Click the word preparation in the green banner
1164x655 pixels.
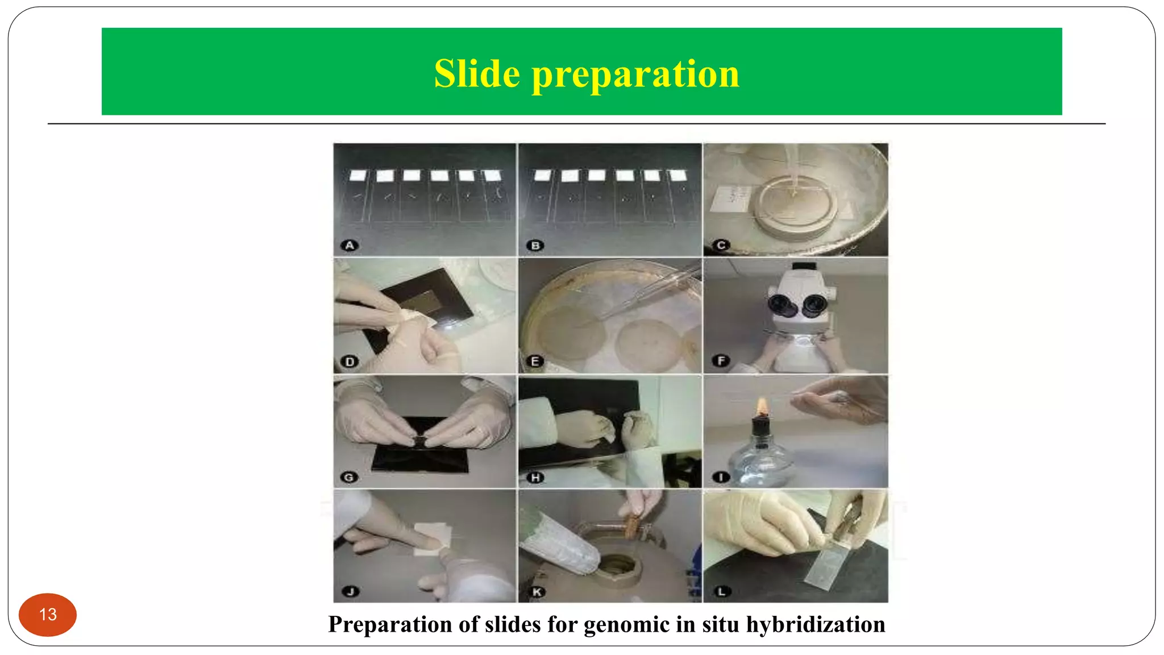[x=635, y=74]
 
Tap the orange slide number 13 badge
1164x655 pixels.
[x=48, y=615]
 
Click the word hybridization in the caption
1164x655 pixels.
[x=816, y=624]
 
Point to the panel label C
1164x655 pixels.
[x=721, y=246]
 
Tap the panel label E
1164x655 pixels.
[x=535, y=362]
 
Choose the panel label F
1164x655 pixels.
[x=721, y=361]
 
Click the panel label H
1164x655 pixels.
[x=535, y=478]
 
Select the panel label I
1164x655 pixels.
[x=721, y=477]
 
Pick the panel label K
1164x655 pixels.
[x=536, y=592]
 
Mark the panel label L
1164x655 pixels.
[x=721, y=592]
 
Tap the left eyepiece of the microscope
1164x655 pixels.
[x=778, y=305]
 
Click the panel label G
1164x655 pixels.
[x=350, y=478]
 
